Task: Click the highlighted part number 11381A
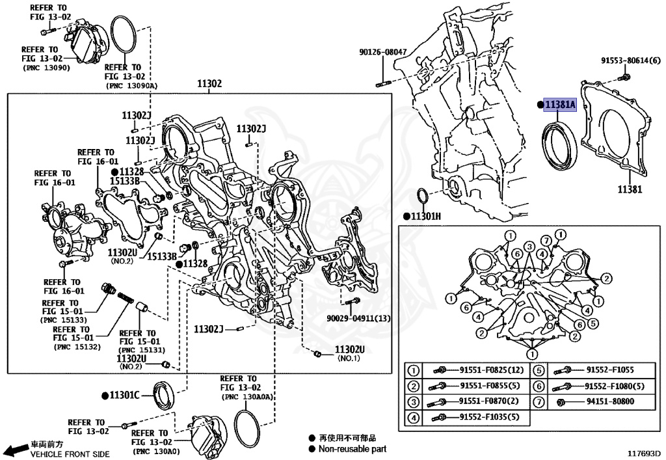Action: tap(559, 105)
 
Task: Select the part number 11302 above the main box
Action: tap(209, 84)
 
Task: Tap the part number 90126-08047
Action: tap(383, 52)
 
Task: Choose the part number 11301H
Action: tap(425, 216)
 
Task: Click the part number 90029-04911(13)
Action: tap(359, 318)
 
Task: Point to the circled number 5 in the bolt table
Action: tap(539, 371)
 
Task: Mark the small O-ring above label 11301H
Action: tap(421, 196)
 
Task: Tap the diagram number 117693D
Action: tap(644, 452)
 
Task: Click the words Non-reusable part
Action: tap(352, 449)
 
